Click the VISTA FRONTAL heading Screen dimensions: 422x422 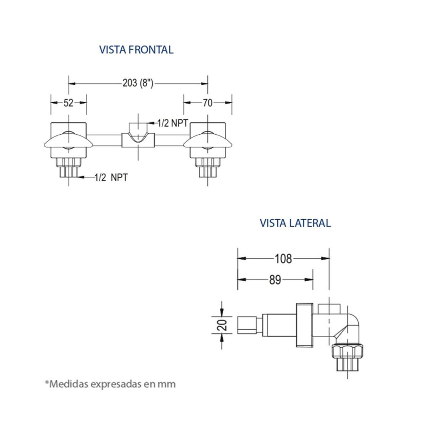pyautogui.click(x=136, y=50)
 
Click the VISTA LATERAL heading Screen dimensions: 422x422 pyautogui.click(x=295, y=223)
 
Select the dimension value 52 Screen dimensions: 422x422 pyautogui.click(x=68, y=103)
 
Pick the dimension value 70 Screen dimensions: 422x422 pyautogui.click(x=207, y=103)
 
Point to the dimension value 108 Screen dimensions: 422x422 pyautogui.click(x=283, y=258)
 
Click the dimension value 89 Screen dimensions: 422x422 pyautogui.click(x=275, y=280)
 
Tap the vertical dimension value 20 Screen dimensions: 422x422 pyautogui.click(x=222, y=325)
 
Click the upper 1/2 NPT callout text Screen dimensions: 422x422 pyautogui.click(x=173, y=123)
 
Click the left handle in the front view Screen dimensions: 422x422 pyautogui.click(x=68, y=141)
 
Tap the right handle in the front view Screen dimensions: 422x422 pyautogui.click(x=207, y=141)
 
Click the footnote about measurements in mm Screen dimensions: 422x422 pyautogui.click(x=110, y=383)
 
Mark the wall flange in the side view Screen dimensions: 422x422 pyautogui.click(x=305, y=325)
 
